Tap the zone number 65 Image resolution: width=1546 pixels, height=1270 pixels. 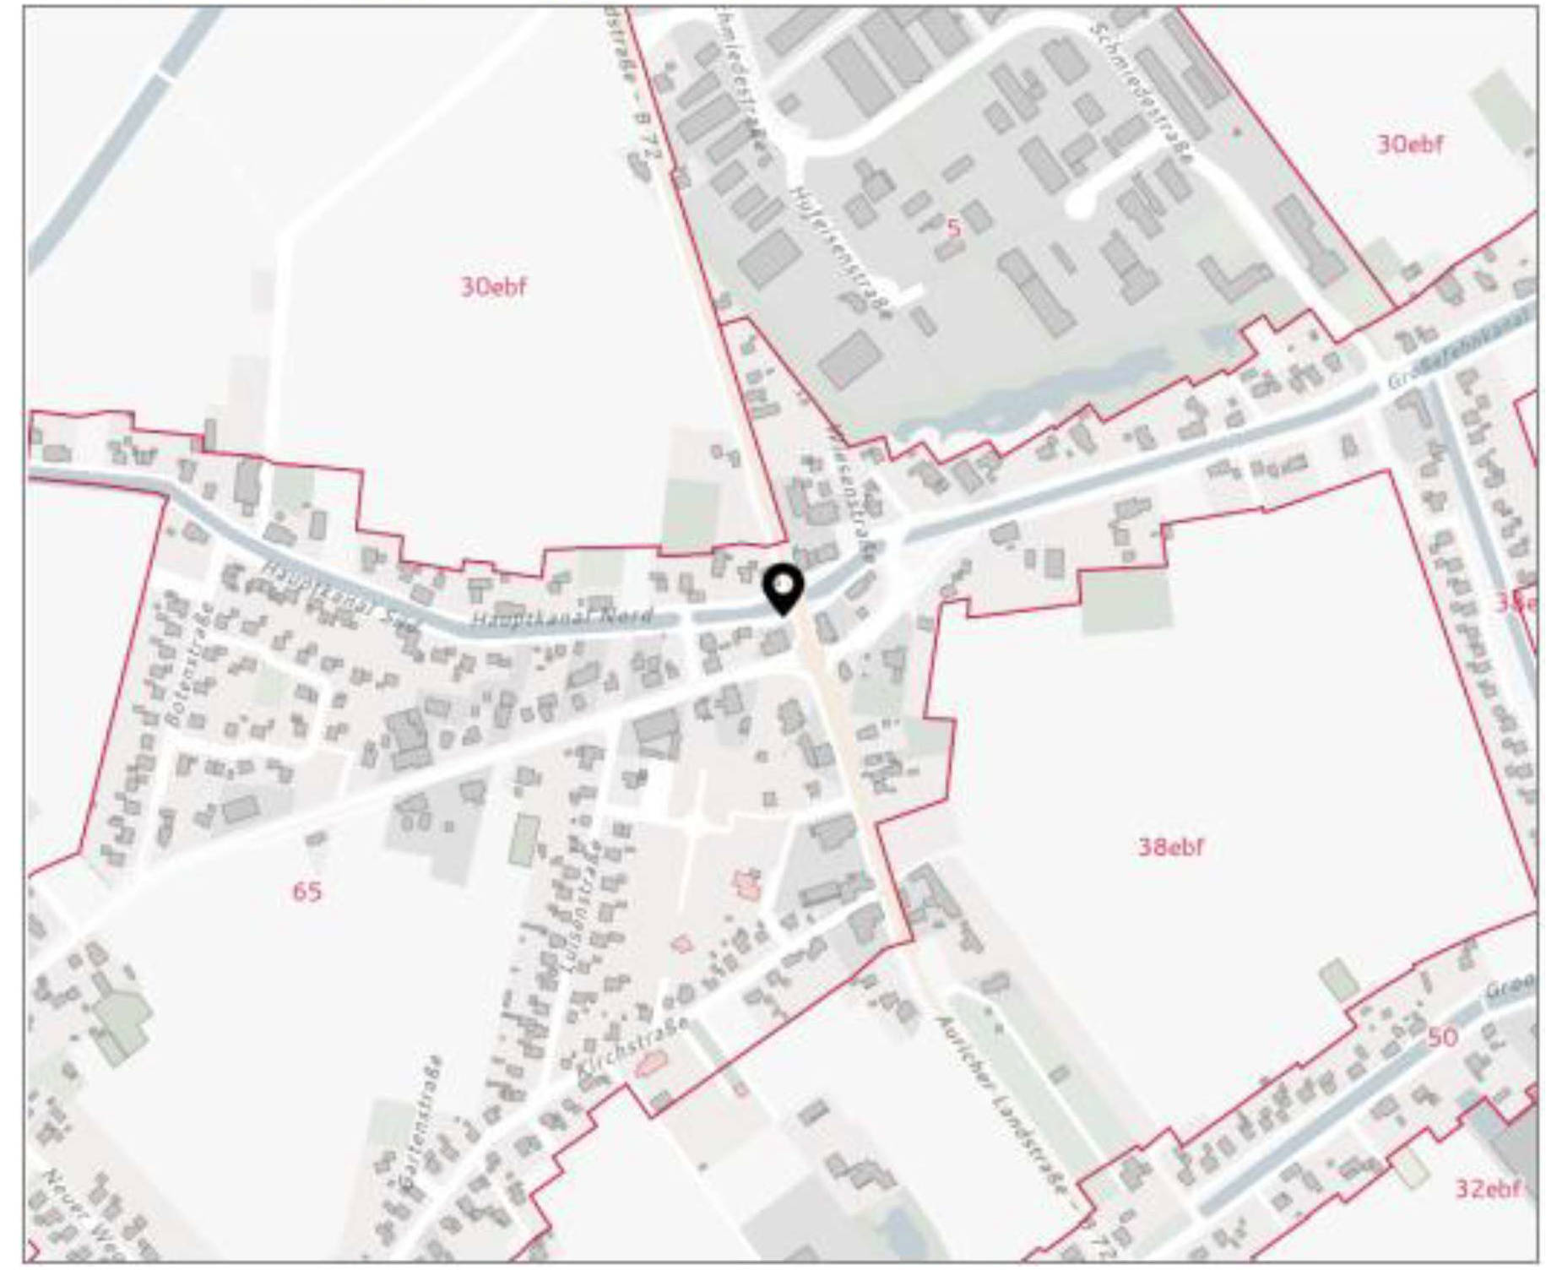coord(306,892)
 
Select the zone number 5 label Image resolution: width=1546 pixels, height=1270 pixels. coord(953,227)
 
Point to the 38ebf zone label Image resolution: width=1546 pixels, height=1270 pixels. coord(1170,847)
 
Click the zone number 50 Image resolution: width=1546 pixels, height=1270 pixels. coord(1442,1038)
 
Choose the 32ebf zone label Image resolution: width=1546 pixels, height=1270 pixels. coord(1487,1189)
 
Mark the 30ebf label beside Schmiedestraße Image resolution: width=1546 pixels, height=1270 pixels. coord(1410,144)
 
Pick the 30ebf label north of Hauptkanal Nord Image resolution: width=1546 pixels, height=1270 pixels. coord(493,287)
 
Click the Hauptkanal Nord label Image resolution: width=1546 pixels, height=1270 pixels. coord(561,617)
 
